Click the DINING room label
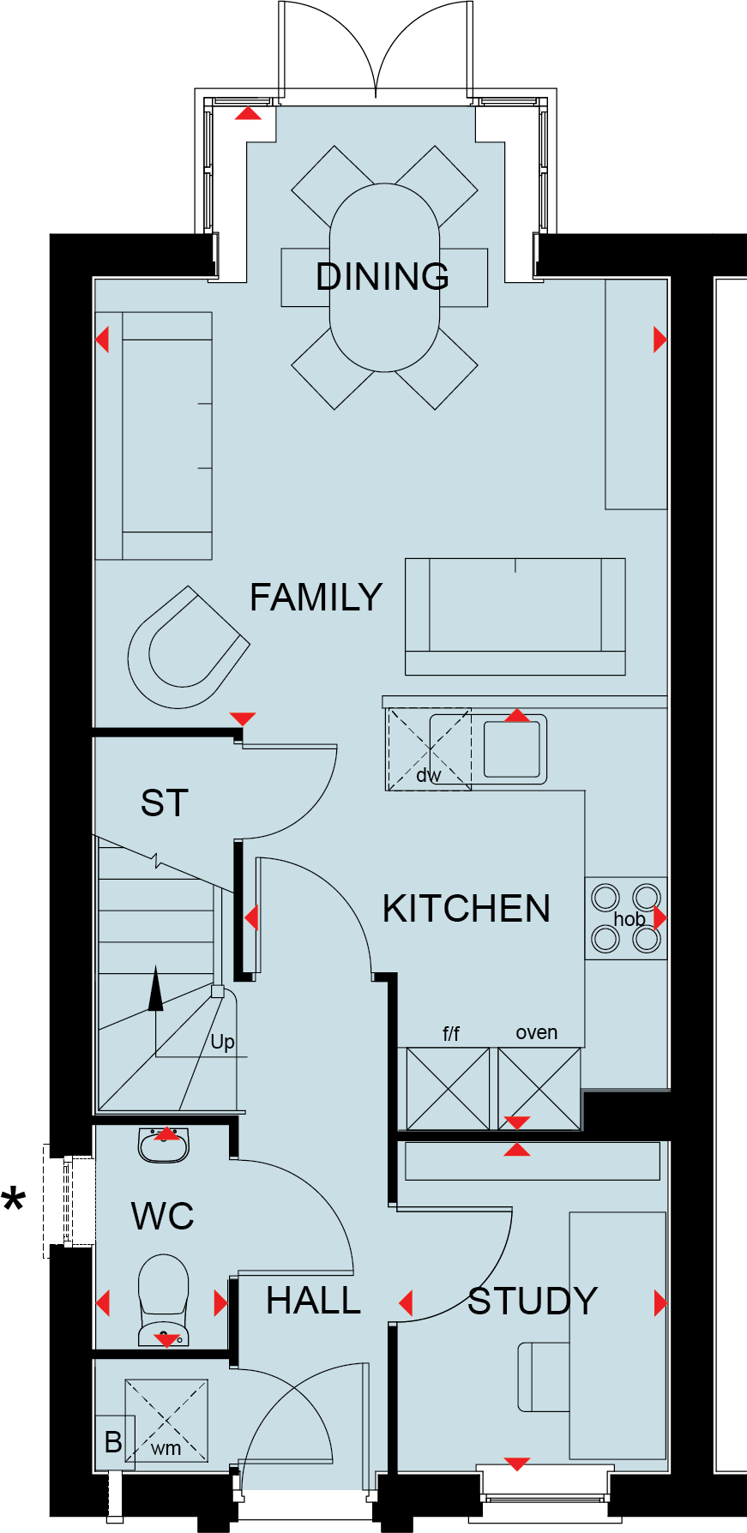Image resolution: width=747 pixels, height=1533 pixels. (x=383, y=277)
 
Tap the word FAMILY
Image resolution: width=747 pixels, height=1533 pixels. (x=316, y=598)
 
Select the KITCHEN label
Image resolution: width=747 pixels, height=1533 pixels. (x=467, y=909)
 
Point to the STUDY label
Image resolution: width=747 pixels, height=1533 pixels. (x=533, y=1302)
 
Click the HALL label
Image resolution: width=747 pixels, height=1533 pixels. (x=314, y=1302)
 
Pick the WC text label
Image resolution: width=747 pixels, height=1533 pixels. (x=163, y=1217)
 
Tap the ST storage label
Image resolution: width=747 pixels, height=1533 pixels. (x=164, y=803)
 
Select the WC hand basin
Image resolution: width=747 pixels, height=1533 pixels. (x=164, y=1145)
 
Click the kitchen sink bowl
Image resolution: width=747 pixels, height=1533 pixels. (x=512, y=749)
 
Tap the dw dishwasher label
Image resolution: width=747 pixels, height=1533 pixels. (x=428, y=775)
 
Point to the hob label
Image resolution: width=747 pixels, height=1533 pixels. (x=629, y=919)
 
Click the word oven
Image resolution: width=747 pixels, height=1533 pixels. (x=537, y=1033)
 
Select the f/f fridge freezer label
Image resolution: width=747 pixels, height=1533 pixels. (x=451, y=1034)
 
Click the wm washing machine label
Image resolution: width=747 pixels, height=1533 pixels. (x=166, y=1448)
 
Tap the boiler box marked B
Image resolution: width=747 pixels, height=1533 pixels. (x=113, y=1442)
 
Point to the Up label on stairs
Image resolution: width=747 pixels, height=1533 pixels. (x=222, y=1042)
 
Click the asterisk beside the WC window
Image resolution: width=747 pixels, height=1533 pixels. (x=14, y=1200)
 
